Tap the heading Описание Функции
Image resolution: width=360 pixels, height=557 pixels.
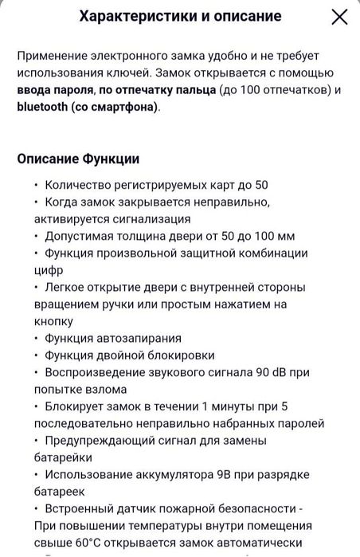[78, 159]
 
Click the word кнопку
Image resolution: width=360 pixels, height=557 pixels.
[53, 321]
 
